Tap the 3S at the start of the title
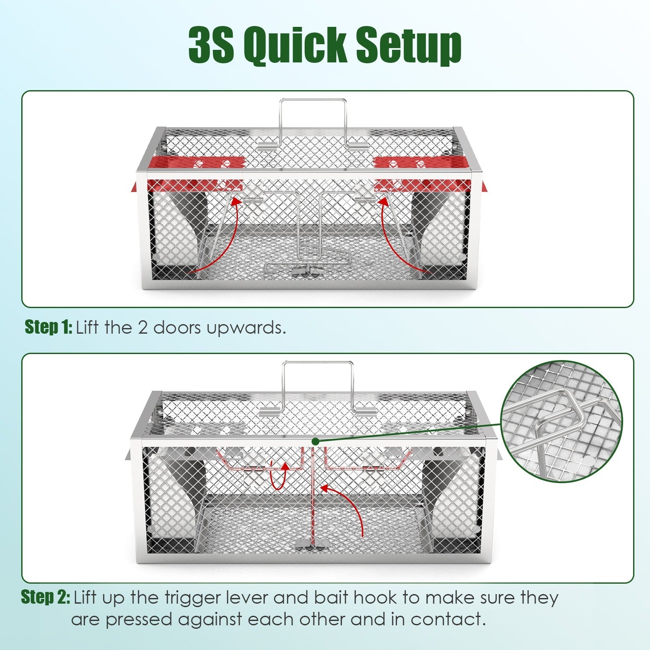[x=211, y=45]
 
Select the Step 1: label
[x=48, y=327]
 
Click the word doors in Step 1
[x=177, y=328]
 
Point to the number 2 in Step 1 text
[x=143, y=328]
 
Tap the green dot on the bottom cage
[x=315, y=441]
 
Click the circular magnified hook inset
[x=561, y=421]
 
